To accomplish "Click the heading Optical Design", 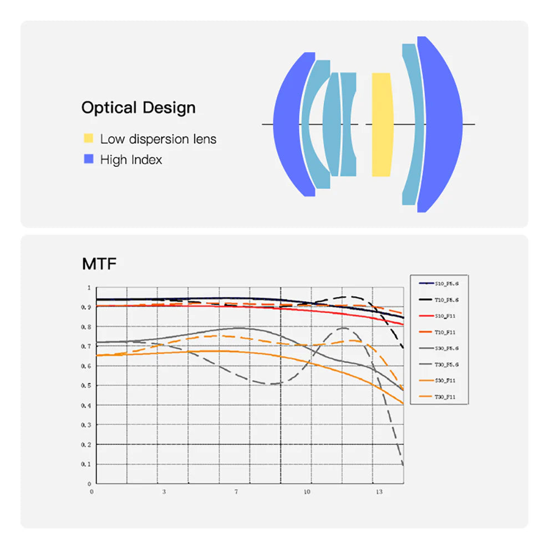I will point(138,108).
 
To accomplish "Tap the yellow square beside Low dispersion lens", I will point(88,138).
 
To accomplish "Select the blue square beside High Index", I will point(88,160).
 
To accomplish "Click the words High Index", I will point(131,160).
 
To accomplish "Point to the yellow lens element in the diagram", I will point(382,124).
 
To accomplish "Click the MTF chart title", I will point(99,264).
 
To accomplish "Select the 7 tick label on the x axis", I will point(237,492).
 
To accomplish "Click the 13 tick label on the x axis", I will point(379,492).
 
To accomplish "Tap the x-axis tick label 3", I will point(164,492).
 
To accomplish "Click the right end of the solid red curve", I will point(403,324).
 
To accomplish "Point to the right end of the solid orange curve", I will point(403,403).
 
